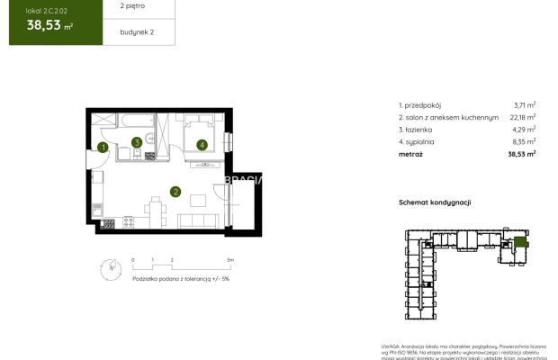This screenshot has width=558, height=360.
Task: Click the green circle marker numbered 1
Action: tap(103, 147)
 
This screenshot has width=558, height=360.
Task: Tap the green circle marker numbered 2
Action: tap(175, 191)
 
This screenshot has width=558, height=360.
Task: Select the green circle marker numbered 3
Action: tap(136, 141)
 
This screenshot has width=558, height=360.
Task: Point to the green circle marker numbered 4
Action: tap(202, 144)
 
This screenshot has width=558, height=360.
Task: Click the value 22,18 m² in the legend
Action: tap(522, 117)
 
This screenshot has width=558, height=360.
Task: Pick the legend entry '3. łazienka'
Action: tap(417, 129)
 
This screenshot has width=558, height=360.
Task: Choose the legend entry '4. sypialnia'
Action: tap(417, 140)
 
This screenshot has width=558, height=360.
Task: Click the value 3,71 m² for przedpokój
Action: tap(524, 105)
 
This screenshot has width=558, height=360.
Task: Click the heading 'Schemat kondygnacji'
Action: tap(435, 203)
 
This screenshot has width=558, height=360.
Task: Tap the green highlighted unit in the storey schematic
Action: tap(521, 241)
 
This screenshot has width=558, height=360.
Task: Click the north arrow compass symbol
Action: tap(108, 267)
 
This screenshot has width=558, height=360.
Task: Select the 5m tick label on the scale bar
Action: tap(230, 259)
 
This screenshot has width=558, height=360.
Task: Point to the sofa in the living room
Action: tap(193, 220)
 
